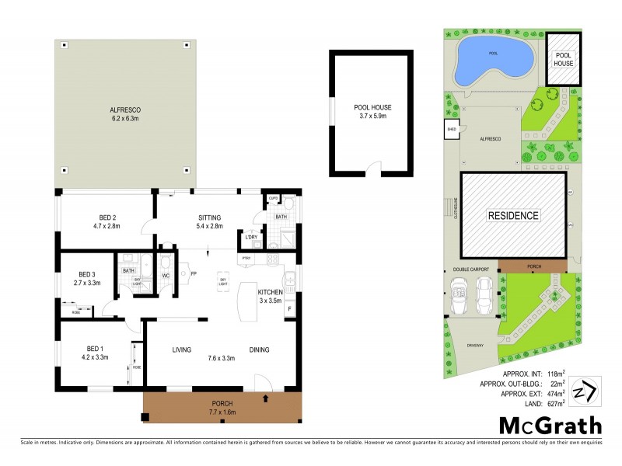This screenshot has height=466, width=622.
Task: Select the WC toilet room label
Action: (165, 275)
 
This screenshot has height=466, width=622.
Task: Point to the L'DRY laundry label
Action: (251, 237)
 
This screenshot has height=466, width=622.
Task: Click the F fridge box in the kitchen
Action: (289, 309)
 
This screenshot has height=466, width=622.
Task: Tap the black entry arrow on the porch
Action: (267, 399)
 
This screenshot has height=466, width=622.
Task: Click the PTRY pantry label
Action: (246, 258)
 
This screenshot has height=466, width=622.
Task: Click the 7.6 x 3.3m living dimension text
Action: (222, 360)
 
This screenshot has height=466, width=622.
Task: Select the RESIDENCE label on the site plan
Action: (513, 215)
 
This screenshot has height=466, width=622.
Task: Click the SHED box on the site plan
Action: (451, 130)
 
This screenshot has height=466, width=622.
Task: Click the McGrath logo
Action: (549, 425)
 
